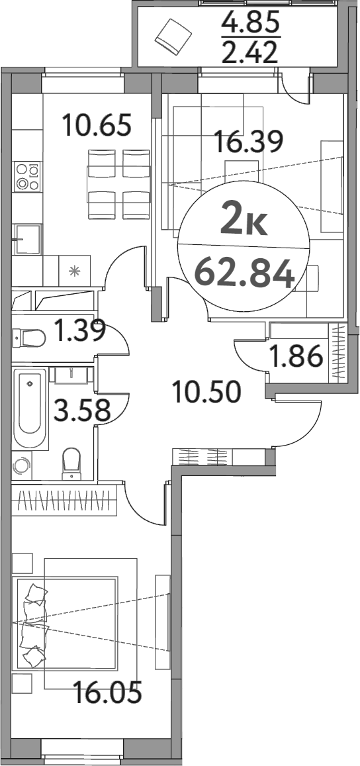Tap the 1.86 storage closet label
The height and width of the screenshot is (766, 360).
[x=296, y=358]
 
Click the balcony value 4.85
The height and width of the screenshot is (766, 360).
[x=251, y=24]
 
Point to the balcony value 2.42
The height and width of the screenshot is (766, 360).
[x=251, y=51]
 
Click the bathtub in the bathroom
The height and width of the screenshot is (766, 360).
[x=29, y=409]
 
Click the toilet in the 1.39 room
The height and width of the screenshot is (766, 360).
[x=29, y=339]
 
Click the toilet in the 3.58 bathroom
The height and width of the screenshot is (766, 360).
[x=71, y=463]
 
